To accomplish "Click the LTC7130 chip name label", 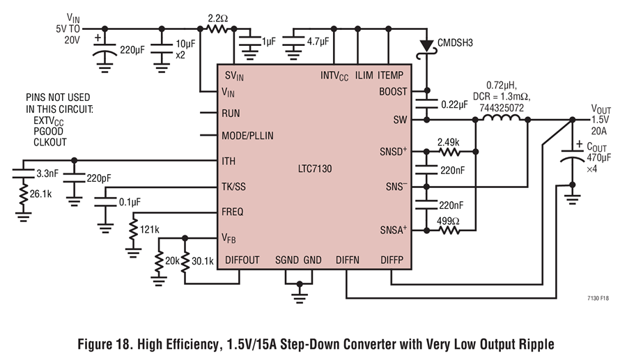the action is click(x=315, y=169).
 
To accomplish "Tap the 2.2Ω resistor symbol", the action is click(x=217, y=29).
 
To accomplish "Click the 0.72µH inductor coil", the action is click(x=502, y=118).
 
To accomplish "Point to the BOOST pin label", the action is click(x=393, y=92).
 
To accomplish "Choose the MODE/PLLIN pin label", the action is click(x=247, y=136).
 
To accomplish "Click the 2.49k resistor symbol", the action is click(x=449, y=152).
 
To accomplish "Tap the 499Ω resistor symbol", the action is click(x=449, y=230).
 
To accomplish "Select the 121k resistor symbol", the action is click(x=133, y=229).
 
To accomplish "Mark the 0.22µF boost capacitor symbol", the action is click(x=426, y=104).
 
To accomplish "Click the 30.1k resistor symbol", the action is click(x=185, y=262).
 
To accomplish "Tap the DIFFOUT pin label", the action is click(x=242, y=260).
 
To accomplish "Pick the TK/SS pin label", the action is click(x=233, y=187).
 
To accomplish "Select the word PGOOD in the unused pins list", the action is click(x=48, y=132).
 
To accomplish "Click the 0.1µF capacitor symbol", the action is click(x=105, y=202).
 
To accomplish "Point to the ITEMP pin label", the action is click(x=390, y=75).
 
